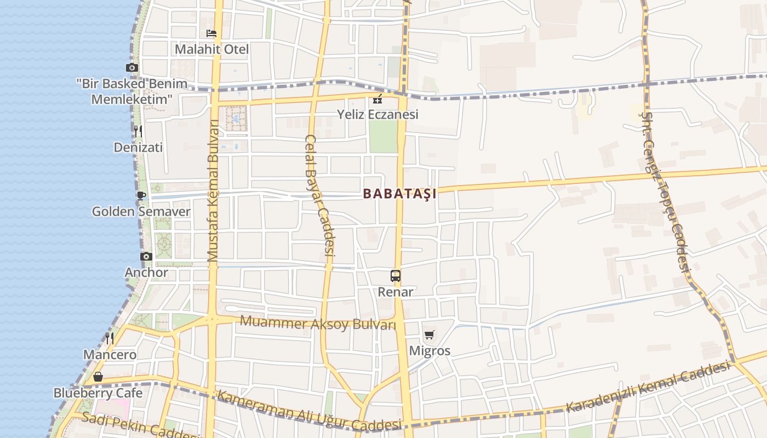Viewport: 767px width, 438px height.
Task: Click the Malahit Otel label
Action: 211,49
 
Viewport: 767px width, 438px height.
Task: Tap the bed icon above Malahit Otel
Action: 211,33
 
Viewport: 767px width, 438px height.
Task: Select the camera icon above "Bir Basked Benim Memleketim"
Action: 131,68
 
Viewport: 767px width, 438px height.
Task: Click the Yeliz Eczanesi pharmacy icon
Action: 377,99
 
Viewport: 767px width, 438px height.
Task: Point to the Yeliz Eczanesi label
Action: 377,114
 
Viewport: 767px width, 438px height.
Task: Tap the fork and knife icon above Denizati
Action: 138,131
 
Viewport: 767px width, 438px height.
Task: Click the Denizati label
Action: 138,147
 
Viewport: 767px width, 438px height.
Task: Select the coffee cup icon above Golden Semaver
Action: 141,195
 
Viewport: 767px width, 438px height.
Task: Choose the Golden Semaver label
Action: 141,211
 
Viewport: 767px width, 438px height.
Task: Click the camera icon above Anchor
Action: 146,256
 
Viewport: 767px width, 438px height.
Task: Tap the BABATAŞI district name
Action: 399,194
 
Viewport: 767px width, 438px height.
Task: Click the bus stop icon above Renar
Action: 396,275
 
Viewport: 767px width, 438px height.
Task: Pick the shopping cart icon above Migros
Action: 430,335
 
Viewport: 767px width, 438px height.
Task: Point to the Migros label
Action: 430,351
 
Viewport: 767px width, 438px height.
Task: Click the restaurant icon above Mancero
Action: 110,338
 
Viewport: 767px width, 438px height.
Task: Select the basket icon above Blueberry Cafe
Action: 98,377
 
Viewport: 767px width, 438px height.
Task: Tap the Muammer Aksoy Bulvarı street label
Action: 318,324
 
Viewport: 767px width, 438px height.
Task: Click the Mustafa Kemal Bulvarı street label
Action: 213,191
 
